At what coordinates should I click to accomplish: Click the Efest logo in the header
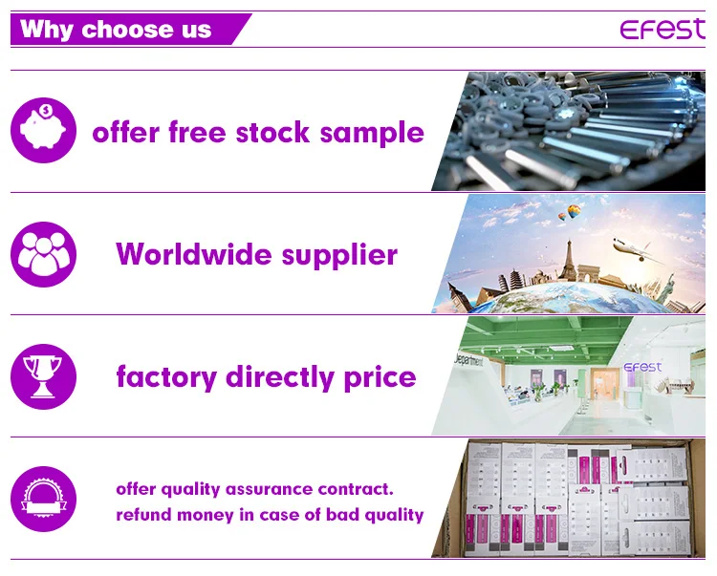(663, 29)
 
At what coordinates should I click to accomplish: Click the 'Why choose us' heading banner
(130, 30)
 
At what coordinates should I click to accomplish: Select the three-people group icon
(43, 254)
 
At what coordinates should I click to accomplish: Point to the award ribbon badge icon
(43, 499)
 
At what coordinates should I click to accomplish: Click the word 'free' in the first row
(197, 132)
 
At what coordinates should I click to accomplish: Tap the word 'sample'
(372, 134)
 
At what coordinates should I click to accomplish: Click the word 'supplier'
(339, 255)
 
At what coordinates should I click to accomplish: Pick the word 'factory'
(166, 377)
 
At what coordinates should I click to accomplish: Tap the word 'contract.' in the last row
(356, 489)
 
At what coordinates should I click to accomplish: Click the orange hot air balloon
(574, 211)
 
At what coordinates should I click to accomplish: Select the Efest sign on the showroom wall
(642, 367)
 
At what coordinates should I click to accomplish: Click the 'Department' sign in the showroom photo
(468, 360)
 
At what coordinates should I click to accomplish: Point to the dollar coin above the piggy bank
(46, 110)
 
